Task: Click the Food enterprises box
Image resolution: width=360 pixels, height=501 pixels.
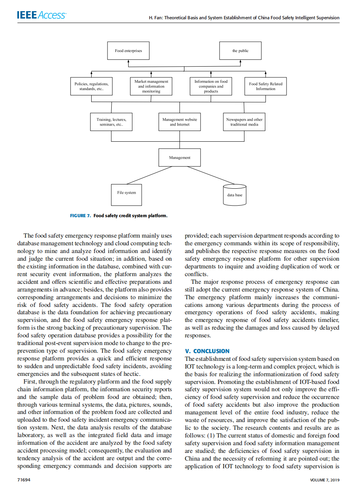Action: pyautogui.click(x=128, y=51)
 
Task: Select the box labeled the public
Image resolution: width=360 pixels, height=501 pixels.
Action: pyautogui.click(x=240, y=51)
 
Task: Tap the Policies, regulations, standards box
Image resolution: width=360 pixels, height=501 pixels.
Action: pyautogui.click(x=91, y=86)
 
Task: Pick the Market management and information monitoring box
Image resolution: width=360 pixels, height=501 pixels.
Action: pyautogui.click(x=151, y=86)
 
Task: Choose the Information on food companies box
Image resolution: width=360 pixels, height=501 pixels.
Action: pyautogui.click(x=211, y=86)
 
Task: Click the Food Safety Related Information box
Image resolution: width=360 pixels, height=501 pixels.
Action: pyautogui.click(x=266, y=86)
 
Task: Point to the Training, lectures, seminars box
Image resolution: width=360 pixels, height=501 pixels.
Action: pyautogui.click(x=111, y=122)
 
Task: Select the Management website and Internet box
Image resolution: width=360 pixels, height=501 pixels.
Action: pyautogui.click(x=179, y=122)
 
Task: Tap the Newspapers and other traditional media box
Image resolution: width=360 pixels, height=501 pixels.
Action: pyautogui.click(x=244, y=122)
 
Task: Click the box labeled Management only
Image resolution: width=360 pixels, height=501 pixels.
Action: pyautogui.click(x=179, y=158)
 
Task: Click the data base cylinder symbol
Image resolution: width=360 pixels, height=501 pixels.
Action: pyautogui.click(x=234, y=195)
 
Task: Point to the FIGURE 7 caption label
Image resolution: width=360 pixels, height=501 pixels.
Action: pyautogui.click(x=80, y=216)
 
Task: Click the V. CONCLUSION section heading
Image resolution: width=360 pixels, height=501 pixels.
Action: pyautogui.click(x=207, y=351)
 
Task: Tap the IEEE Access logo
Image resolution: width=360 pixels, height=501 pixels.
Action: pyautogui.click(x=42, y=15)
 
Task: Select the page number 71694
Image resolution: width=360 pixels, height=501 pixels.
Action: pyautogui.click(x=24, y=480)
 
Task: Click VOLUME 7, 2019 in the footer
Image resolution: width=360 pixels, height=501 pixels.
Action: pyautogui.click(x=325, y=480)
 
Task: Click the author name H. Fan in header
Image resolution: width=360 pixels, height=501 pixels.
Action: pyautogui.click(x=155, y=18)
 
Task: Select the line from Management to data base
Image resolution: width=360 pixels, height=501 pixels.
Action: pyautogui.click(x=211, y=175)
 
